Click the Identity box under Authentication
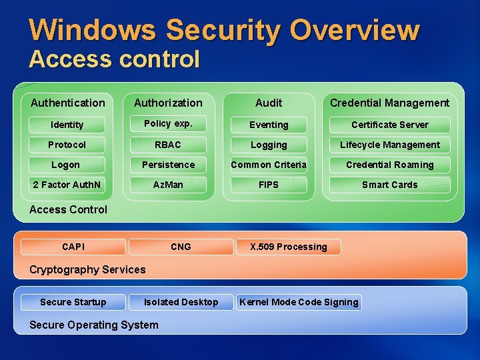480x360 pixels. (x=67, y=125)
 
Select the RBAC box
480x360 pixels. (x=168, y=145)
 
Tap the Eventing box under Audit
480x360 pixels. (x=269, y=125)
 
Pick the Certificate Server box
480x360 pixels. (x=390, y=125)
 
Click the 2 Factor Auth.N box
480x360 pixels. (x=67, y=185)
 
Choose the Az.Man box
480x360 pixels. (x=168, y=185)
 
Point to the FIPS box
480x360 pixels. (x=269, y=185)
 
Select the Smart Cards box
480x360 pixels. (x=390, y=185)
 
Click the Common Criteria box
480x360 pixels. (x=269, y=165)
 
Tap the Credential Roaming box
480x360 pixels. (x=390, y=165)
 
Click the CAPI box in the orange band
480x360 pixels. (x=73, y=247)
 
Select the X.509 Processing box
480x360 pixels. (x=289, y=247)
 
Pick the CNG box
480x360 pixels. (x=181, y=247)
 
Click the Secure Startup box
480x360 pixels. (x=73, y=302)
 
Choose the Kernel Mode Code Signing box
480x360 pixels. (x=299, y=302)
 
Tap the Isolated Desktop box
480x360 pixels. (x=181, y=302)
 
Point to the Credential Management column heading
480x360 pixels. (x=390, y=103)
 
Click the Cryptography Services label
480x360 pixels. (x=87, y=269)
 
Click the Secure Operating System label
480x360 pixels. (x=94, y=325)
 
